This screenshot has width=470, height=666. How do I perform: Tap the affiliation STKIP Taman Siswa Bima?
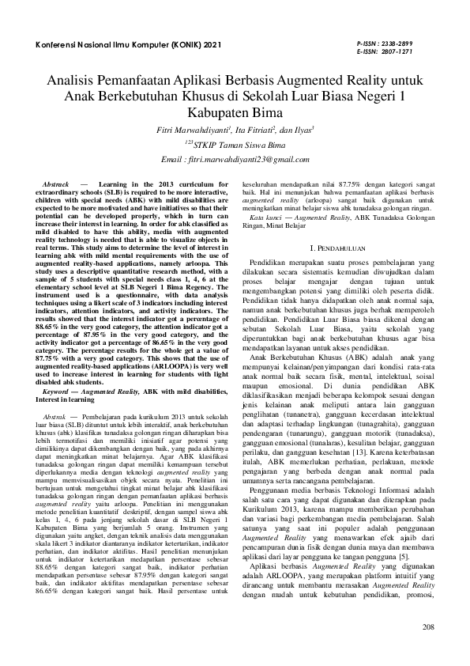[237, 145]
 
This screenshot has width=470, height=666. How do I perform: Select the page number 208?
[428, 629]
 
